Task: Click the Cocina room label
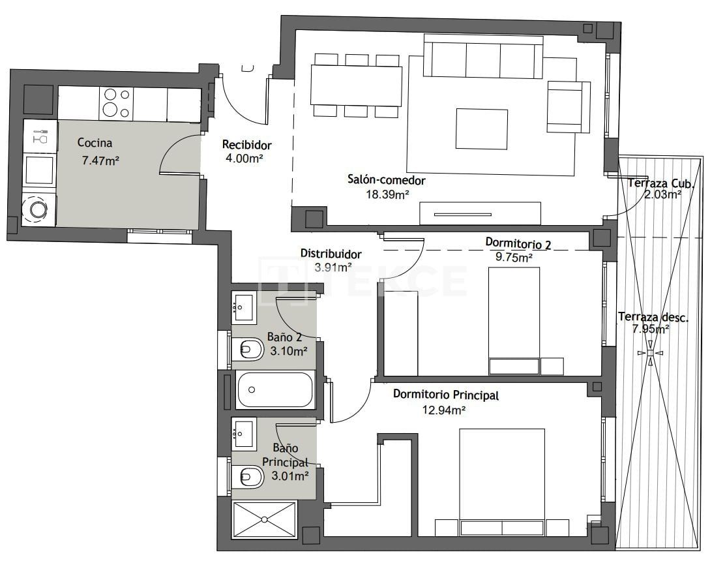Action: click(x=95, y=143)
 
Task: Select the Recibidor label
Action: click(x=246, y=145)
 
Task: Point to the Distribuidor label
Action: click(x=331, y=254)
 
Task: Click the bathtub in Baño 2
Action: click(x=276, y=389)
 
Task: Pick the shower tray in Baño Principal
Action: click(x=264, y=519)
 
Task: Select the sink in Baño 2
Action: click(x=244, y=307)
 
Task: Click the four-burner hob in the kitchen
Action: click(x=116, y=104)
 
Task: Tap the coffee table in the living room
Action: click(x=481, y=129)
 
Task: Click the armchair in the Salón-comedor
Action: click(x=568, y=106)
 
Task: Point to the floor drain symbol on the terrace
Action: click(x=650, y=353)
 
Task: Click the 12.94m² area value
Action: click(x=444, y=410)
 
